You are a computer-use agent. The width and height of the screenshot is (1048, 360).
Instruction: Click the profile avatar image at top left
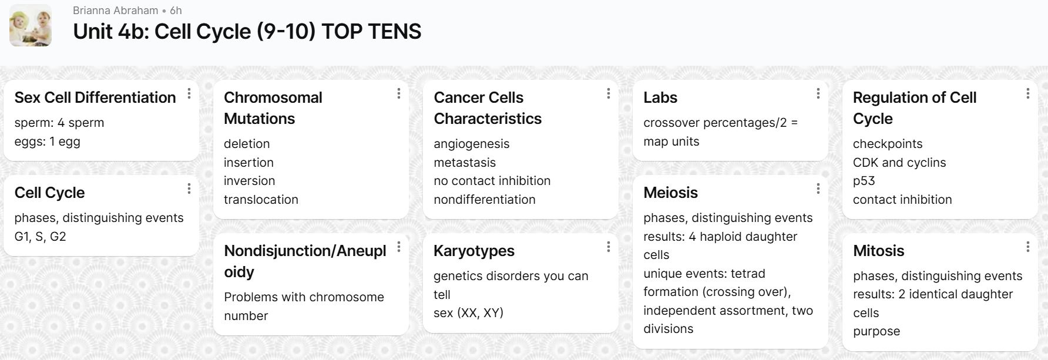coord(31,25)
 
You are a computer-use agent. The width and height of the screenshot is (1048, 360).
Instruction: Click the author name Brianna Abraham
coord(116,11)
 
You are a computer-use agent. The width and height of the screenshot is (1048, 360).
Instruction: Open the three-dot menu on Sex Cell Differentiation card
coord(189,93)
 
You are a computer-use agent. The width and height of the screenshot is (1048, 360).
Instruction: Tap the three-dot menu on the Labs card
coord(818,93)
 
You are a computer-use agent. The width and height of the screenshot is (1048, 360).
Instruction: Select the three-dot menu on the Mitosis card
coord(1028,247)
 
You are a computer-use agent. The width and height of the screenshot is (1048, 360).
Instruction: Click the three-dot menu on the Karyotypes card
coord(609,247)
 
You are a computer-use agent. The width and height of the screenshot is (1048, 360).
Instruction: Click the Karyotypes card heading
coord(474,251)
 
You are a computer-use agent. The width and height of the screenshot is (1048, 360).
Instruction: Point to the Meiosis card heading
coord(671,193)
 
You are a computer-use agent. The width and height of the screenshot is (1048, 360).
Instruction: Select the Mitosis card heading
coord(879,251)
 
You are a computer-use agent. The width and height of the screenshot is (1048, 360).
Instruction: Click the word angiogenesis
coord(472,144)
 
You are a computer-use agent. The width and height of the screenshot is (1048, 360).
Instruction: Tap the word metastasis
coord(465,163)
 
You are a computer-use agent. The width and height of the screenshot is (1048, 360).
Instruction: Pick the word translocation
coord(261,200)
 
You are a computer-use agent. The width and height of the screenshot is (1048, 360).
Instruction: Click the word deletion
coord(247,144)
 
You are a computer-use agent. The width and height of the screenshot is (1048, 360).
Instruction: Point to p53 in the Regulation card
coord(864,181)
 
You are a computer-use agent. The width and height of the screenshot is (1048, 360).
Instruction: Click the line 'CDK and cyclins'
coord(899,163)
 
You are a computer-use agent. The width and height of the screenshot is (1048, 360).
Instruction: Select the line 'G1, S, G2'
coord(41,237)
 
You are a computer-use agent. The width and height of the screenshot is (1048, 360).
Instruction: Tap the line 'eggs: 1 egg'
coord(48,142)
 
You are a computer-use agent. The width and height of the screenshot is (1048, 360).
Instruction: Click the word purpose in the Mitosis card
coord(876,332)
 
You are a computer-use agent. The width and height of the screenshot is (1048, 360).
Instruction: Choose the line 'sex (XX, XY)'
coord(469,313)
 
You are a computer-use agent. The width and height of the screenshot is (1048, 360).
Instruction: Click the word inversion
coord(250,181)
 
